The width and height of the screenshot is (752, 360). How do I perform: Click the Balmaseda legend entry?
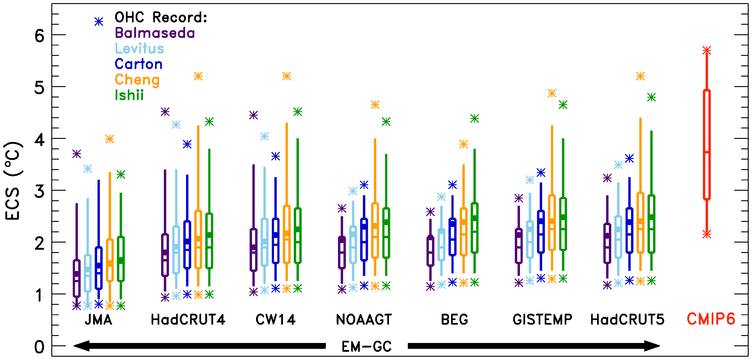point(155,33)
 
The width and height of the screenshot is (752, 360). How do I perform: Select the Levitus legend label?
point(139,48)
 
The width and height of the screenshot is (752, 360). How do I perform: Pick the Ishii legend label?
point(129,95)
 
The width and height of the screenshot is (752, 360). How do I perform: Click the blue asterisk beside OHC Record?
point(99,22)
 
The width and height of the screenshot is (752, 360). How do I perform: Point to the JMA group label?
point(98,320)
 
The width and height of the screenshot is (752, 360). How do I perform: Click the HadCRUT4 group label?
point(188,320)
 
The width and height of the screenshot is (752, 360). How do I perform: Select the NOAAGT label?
point(364,320)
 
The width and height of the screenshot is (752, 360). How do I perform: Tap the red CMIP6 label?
point(711,319)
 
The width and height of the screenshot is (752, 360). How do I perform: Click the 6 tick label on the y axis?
point(39,36)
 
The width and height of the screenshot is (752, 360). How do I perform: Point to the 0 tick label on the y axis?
point(39,347)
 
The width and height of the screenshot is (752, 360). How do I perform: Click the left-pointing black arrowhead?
point(82,346)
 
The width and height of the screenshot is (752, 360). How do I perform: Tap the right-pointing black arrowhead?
point(652,346)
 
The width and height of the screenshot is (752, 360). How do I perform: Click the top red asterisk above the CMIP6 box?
point(707,50)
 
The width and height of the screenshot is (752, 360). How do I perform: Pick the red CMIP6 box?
point(707,145)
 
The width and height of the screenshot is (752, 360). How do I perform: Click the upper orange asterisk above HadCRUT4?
point(198,76)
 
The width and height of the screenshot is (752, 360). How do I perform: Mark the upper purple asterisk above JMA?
point(76,154)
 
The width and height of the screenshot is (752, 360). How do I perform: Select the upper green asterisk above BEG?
point(475,119)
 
